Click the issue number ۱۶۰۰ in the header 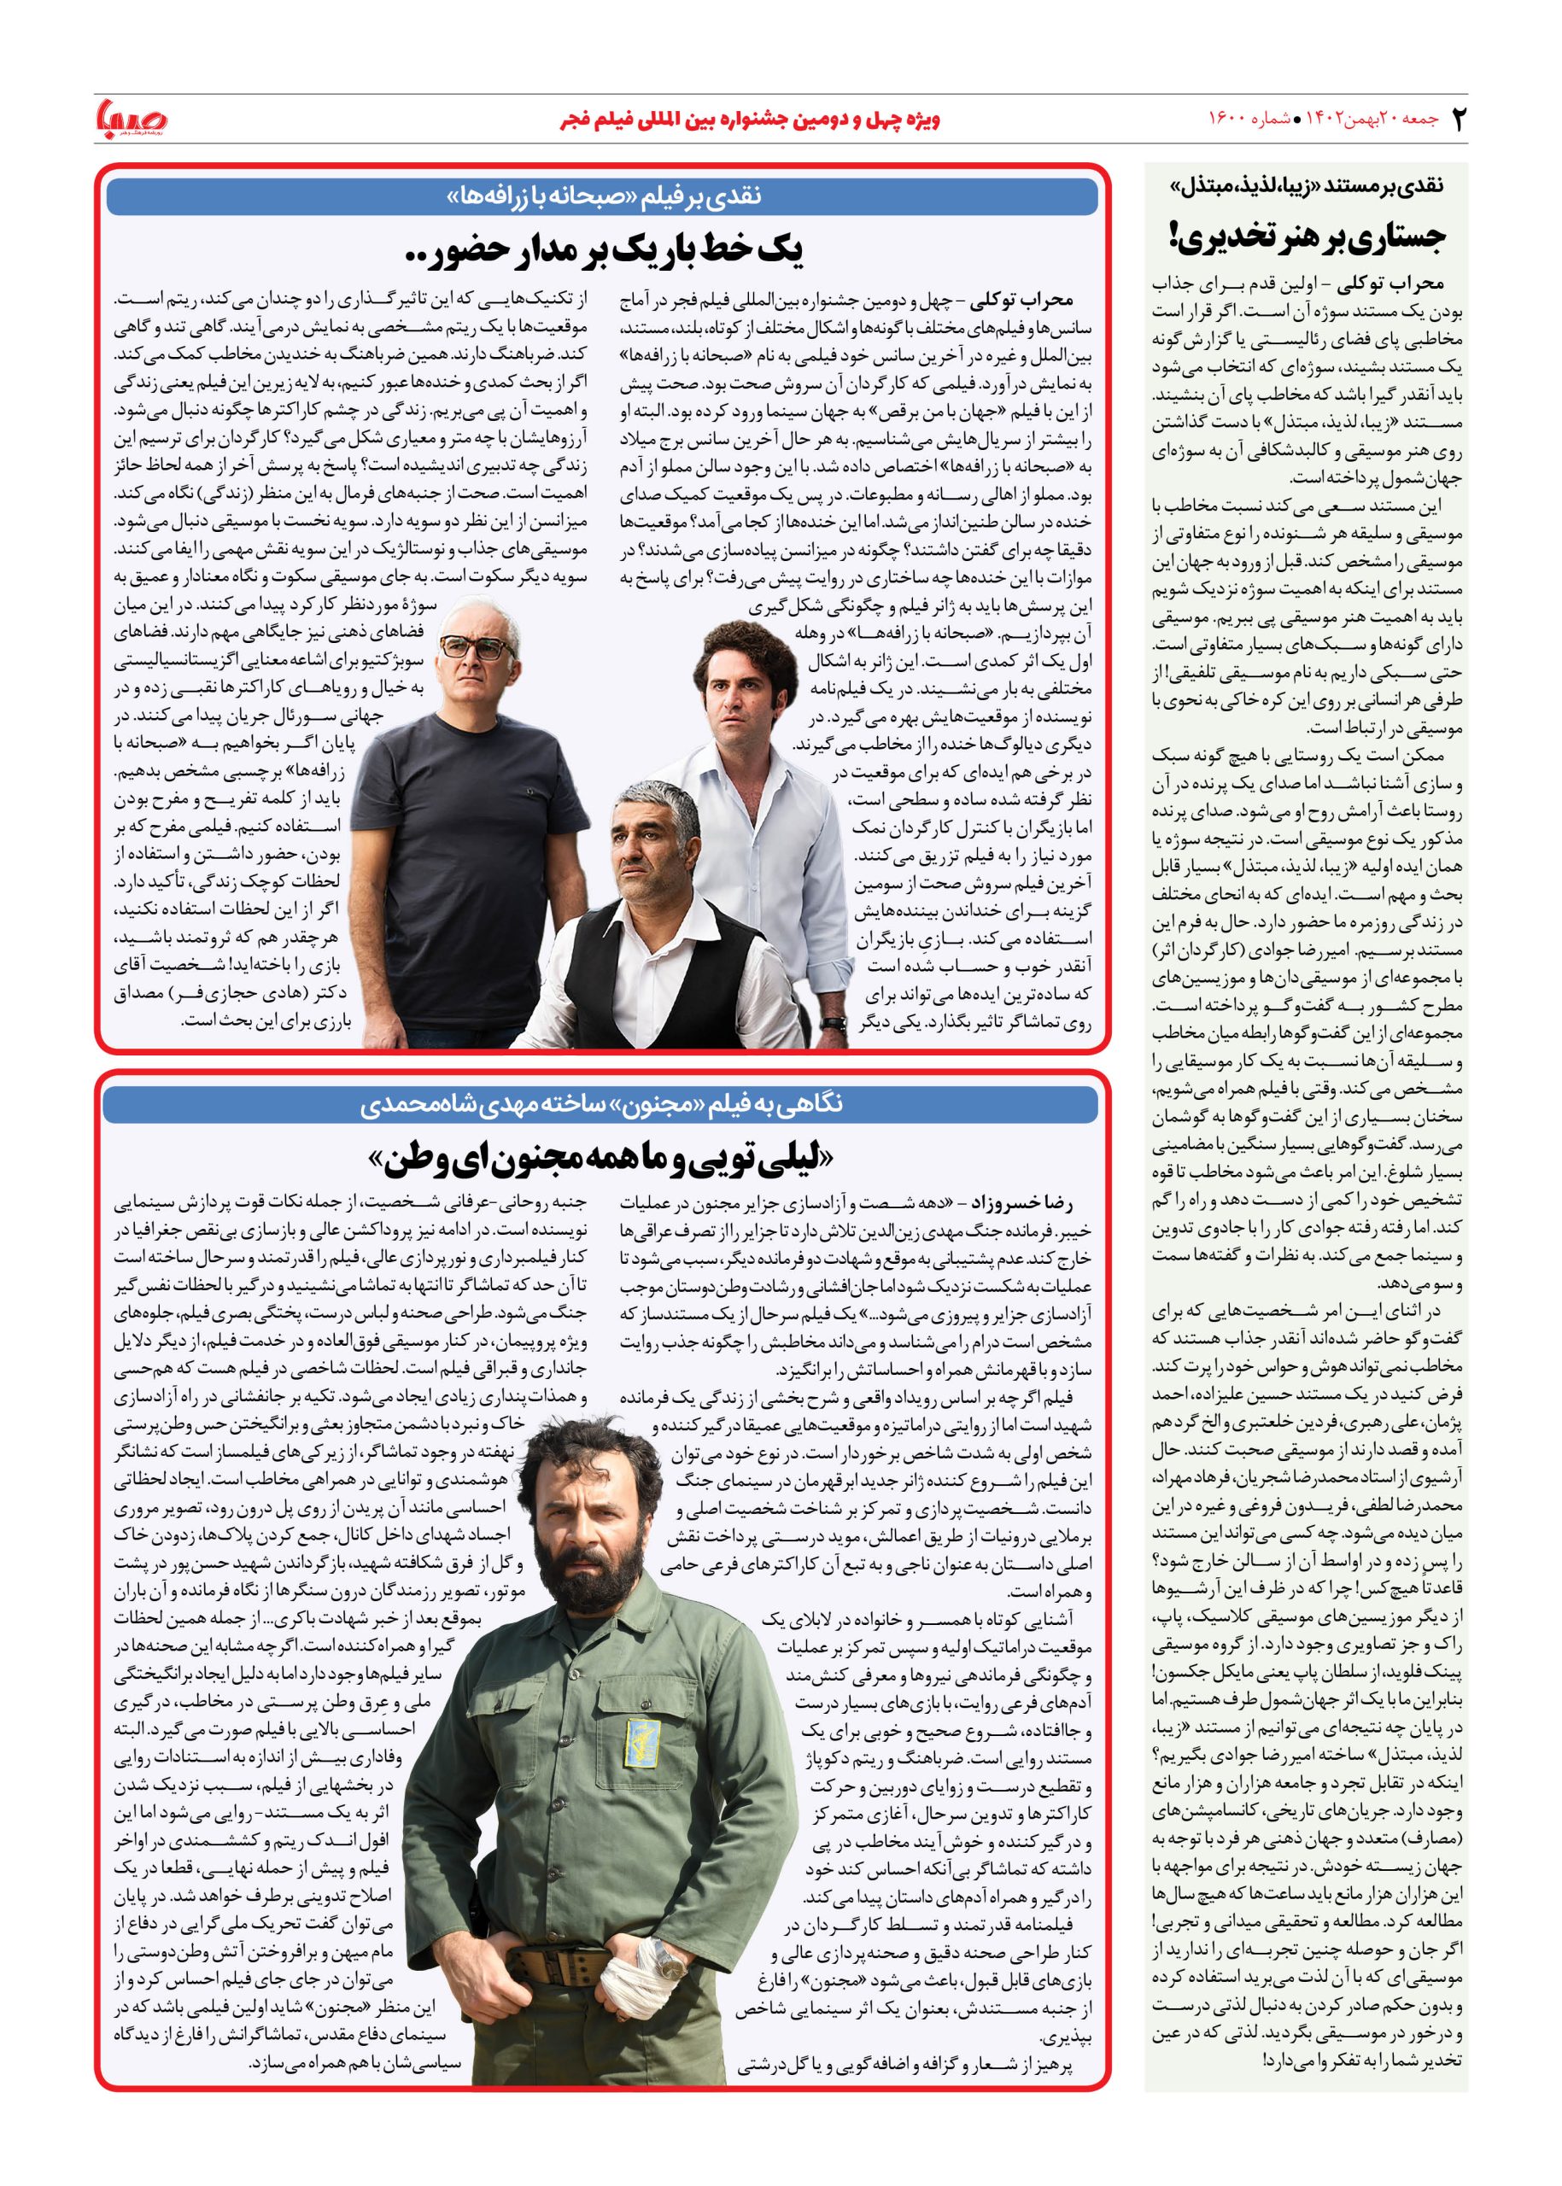(x=1232, y=120)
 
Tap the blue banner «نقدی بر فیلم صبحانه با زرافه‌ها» (x=602, y=196)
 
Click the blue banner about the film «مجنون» (x=602, y=1105)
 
